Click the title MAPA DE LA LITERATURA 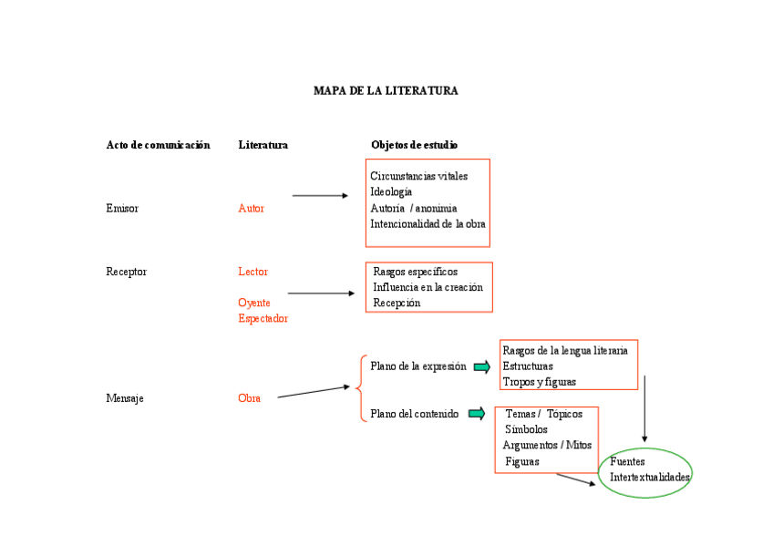[386, 91]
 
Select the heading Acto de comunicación [158, 145]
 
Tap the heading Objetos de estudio [414, 145]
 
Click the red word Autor [251, 209]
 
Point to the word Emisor [122, 209]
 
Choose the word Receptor [126, 272]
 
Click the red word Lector [253, 272]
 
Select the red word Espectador [263, 319]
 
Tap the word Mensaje [125, 398]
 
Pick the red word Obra [249, 398]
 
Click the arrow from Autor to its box [320, 195]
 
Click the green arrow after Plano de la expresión [482, 367]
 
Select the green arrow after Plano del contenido [477, 414]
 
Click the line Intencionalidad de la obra [428, 224]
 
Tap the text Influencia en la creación [428, 287]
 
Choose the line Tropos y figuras [539, 382]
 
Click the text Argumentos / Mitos [547, 446]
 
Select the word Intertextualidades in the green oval [650, 478]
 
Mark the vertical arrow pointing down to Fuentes [644, 408]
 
